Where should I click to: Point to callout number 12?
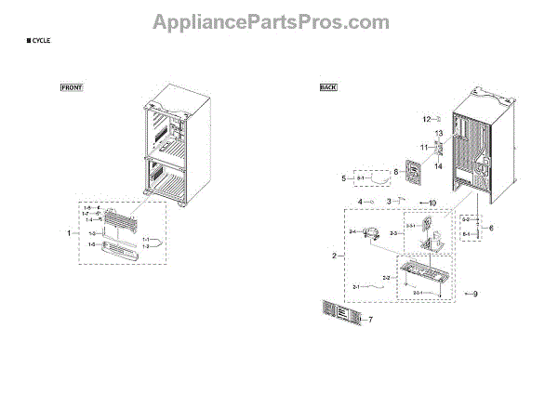click(x=425, y=120)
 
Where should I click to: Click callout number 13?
click(x=439, y=134)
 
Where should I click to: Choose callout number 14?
click(x=439, y=165)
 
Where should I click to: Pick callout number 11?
click(x=422, y=148)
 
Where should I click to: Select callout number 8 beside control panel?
click(x=394, y=171)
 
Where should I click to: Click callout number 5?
click(x=343, y=177)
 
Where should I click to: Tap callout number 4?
click(x=359, y=202)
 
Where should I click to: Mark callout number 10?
click(x=432, y=202)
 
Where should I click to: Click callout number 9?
click(x=475, y=295)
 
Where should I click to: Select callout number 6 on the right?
click(x=492, y=228)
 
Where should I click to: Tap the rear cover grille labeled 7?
click(x=339, y=315)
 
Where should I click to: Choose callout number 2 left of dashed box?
click(x=334, y=255)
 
